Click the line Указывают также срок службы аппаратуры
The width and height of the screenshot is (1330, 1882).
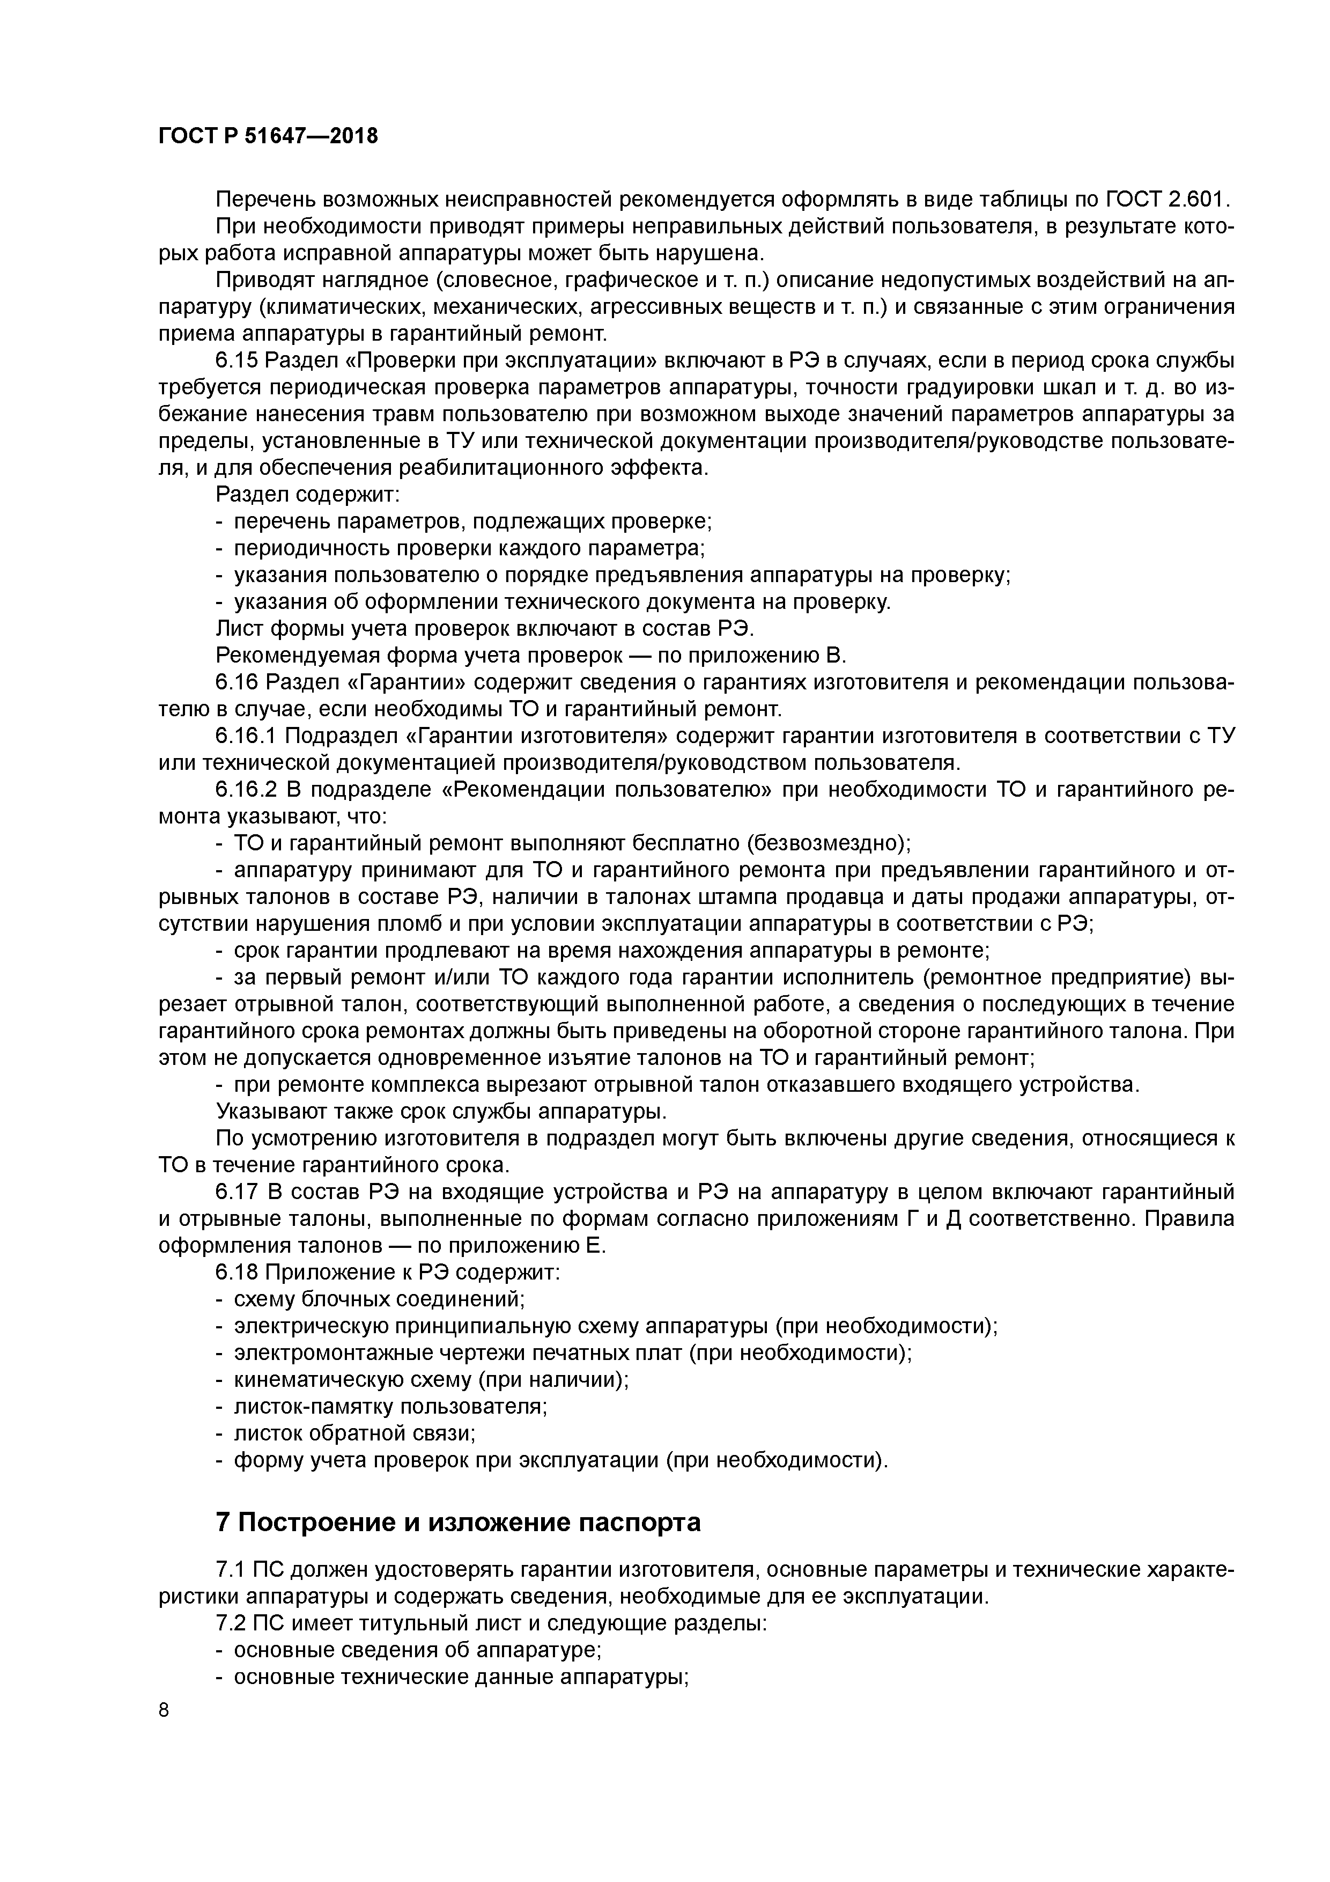(441, 1112)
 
